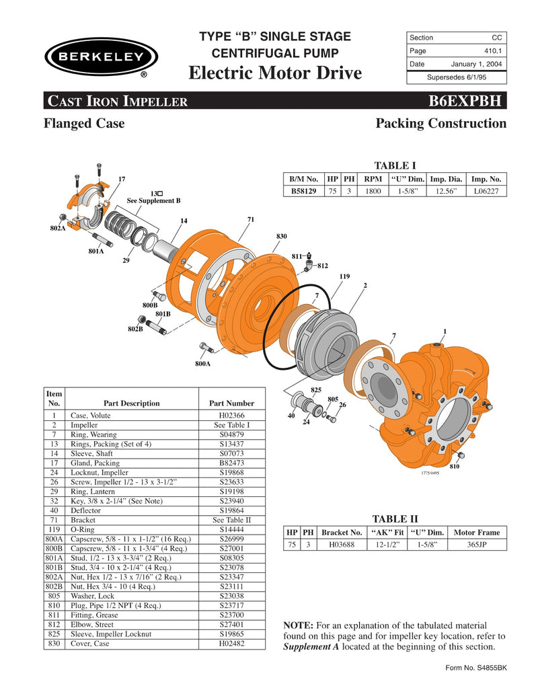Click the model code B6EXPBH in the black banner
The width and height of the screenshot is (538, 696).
pyautogui.click(x=465, y=101)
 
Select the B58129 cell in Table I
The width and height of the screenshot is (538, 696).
pyautogui.click(x=304, y=191)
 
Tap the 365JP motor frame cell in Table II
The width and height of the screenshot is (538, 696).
pyautogui.click(x=477, y=545)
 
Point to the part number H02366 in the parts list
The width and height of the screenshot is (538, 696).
pyautogui.click(x=231, y=416)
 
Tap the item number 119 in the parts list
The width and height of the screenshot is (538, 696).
pyautogui.click(x=54, y=529)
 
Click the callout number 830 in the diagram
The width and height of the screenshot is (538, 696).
pyautogui.click(x=281, y=236)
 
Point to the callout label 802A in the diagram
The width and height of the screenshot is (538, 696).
pyautogui.click(x=57, y=229)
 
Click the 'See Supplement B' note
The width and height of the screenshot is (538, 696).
pyautogui.click(x=154, y=200)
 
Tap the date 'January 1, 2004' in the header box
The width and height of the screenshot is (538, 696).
pyautogui.click(x=476, y=65)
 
